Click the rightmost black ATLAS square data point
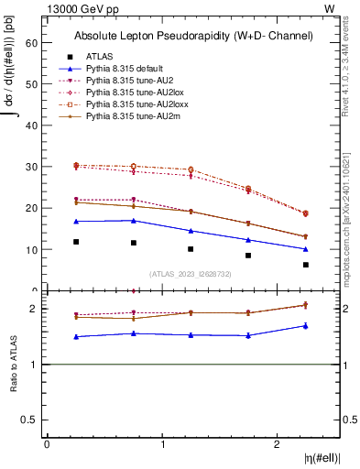(x=306, y=265)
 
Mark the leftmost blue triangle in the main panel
(x=76, y=222)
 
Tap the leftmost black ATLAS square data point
(x=76, y=242)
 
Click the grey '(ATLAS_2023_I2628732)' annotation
(x=191, y=273)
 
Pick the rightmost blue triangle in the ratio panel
(x=306, y=325)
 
